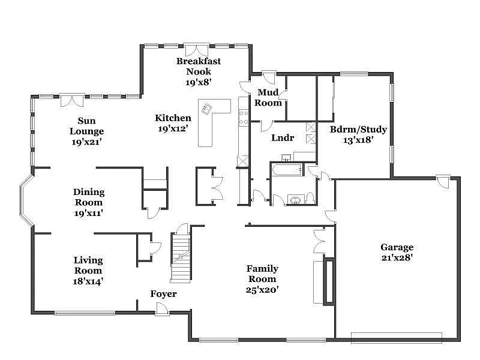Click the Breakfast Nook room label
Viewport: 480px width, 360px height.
point(198,66)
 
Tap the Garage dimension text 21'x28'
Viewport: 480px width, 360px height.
point(397,257)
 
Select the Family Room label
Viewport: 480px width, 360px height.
point(262,274)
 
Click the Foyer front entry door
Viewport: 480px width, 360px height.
point(161,308)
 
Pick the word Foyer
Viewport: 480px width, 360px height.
point(163,294)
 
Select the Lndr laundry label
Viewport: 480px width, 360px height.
point(283,137)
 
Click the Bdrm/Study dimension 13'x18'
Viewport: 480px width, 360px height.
point(358,140)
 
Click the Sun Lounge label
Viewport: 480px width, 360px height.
point(87,126)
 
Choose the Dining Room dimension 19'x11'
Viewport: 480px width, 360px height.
point(89,212)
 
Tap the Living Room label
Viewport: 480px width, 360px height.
point(88,265)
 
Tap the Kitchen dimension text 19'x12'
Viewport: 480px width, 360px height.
point(173,128)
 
